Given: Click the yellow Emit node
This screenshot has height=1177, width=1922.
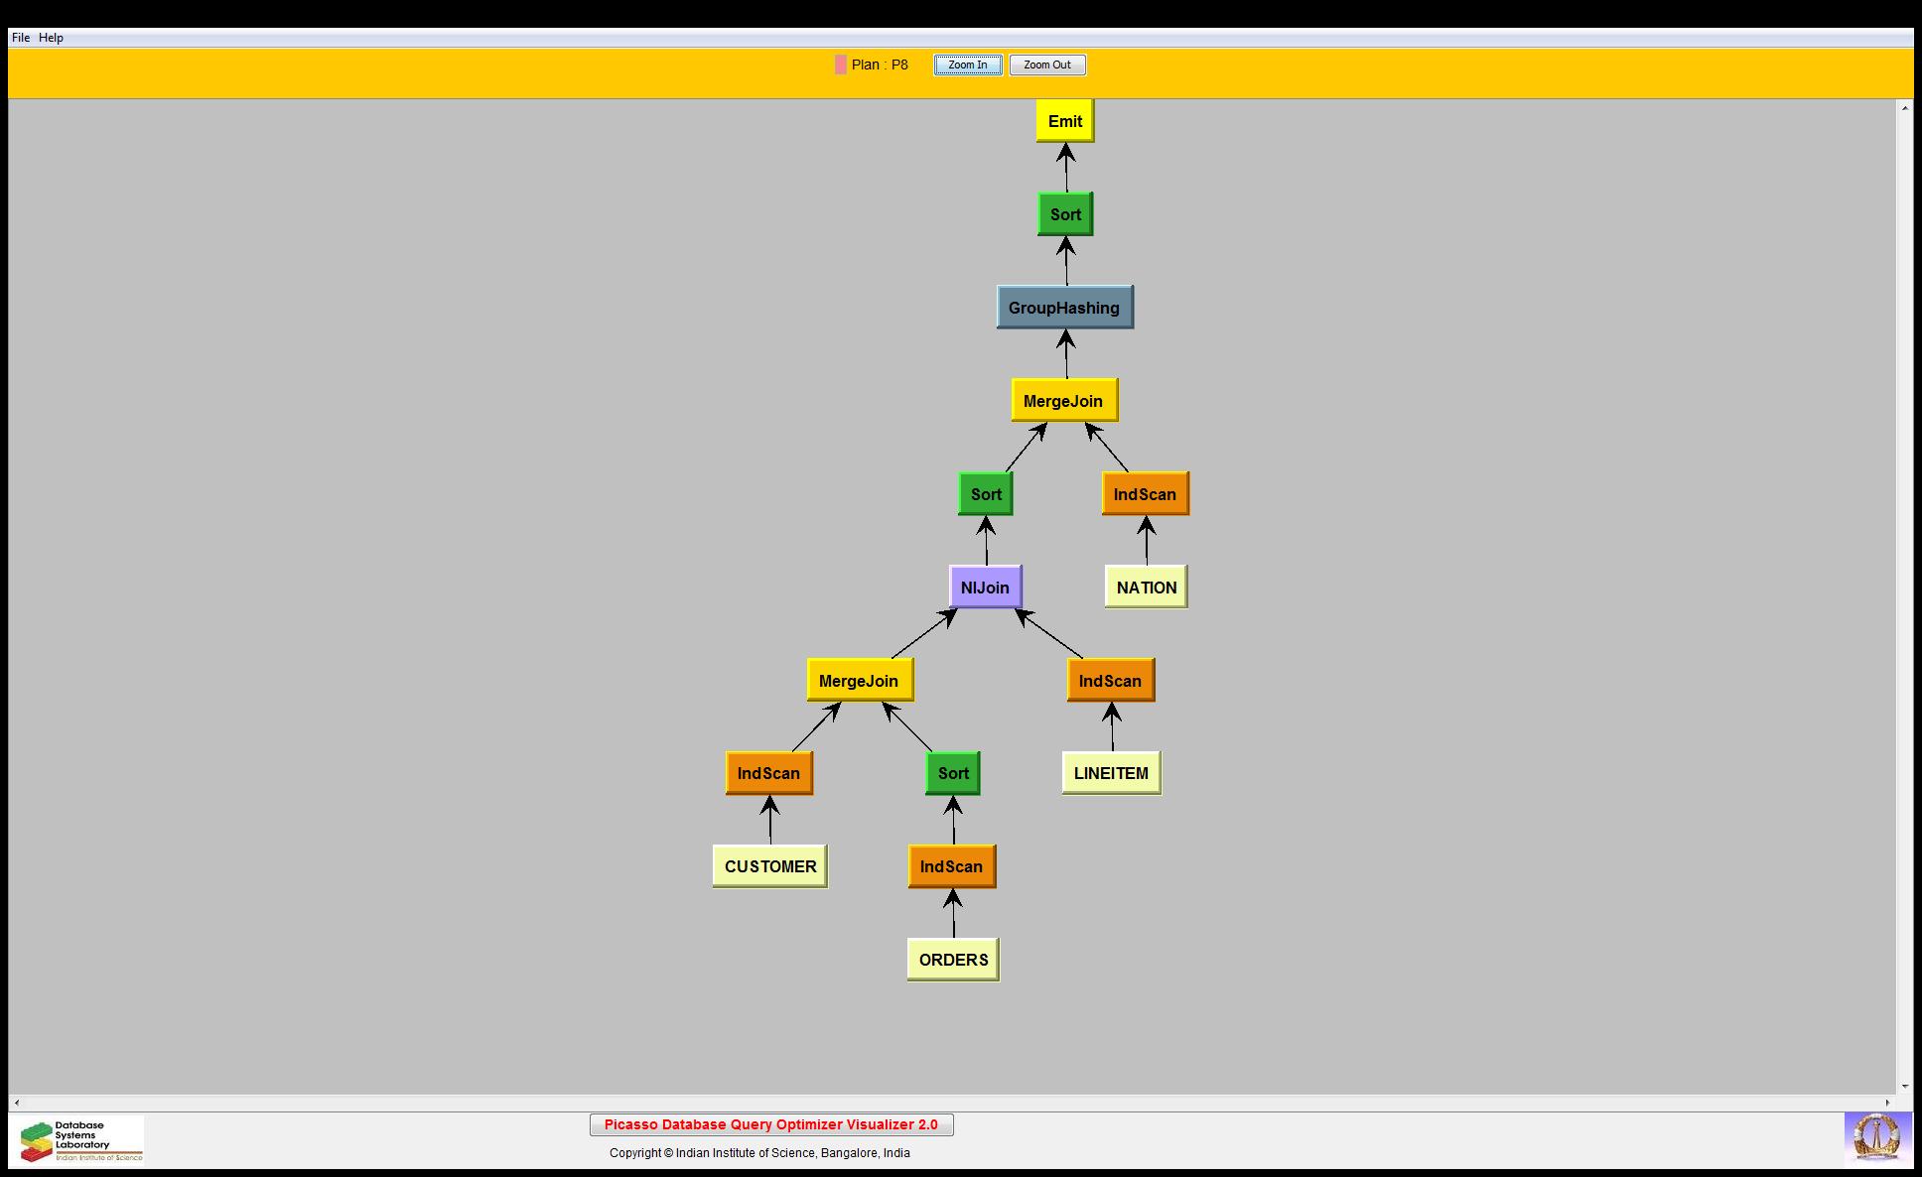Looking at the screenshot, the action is click(x=1065, y=121).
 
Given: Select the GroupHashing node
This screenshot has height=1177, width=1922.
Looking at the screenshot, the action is click(x=1064, y=308).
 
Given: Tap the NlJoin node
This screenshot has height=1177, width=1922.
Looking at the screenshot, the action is click(x=985, y=588).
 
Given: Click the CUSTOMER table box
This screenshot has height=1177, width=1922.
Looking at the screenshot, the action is click(x=770, y=866).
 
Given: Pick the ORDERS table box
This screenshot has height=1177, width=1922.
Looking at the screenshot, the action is click(x=953, y=960).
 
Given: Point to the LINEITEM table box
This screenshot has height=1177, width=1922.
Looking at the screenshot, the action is click(x=1111, y=773).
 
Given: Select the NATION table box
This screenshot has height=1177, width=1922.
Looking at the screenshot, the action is click(x=1147, y=588).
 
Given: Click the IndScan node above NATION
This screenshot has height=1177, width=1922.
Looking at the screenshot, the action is click(x=1145, y=494).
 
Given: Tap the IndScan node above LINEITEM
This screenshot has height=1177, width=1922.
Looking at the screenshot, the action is click(x=1110, y=681).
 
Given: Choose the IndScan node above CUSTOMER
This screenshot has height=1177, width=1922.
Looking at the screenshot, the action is click(x=768, y=773).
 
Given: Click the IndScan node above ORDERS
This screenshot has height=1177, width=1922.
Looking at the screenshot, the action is click(x=951, y=866).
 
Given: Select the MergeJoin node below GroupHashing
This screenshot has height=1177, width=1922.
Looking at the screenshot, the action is click(x=1063, y=401).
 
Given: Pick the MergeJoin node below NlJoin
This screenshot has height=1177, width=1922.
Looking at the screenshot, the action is click(x=859, y=681).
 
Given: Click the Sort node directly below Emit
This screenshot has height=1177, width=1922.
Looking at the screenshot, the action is click(x=1065, y=214).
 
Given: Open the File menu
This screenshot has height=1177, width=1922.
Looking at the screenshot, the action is click(x=21, y=38).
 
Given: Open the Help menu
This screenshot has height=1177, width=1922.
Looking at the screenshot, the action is click(x=51, y=38).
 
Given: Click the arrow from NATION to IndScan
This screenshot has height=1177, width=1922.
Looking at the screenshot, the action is click(x=1147, y=541).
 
